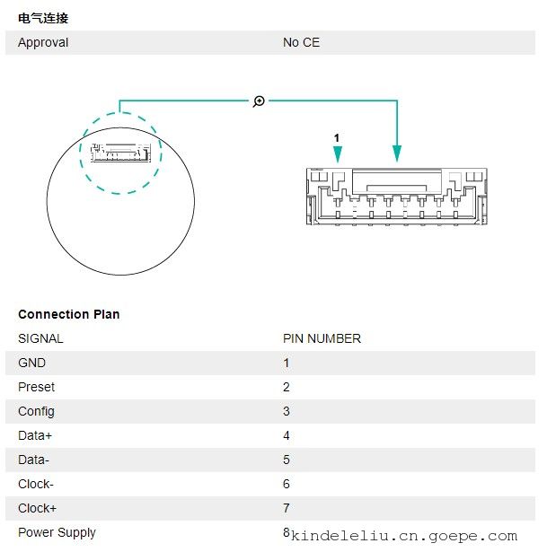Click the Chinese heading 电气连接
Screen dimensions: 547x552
click(43, 18)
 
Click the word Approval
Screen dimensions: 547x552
click(43, 42)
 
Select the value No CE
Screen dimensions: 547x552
click(301, 42)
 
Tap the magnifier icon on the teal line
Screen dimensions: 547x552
click(259, 101)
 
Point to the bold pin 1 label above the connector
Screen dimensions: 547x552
click(336, 137)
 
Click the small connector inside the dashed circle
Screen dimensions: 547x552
click(121, 153)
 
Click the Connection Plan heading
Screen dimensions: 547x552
click(68, 314)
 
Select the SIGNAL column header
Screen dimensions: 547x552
click(40, 338)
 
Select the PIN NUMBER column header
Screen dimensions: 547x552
click(322, 338)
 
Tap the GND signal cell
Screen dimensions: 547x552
click(31, 363)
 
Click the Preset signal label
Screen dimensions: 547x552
click(36, 387)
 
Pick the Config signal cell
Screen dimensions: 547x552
click(36, 412)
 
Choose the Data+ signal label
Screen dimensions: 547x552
click(35, 435)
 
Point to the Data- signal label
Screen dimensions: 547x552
click(33, 460)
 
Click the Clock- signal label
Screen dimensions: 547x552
click(36, 484)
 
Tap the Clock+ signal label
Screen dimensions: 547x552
click(37, 508)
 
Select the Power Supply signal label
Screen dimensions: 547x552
click(57, 533)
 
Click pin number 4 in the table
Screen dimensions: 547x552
click(287, 435)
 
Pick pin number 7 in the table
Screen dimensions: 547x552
click(287, 508)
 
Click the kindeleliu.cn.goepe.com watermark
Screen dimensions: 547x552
click(404, 536)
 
